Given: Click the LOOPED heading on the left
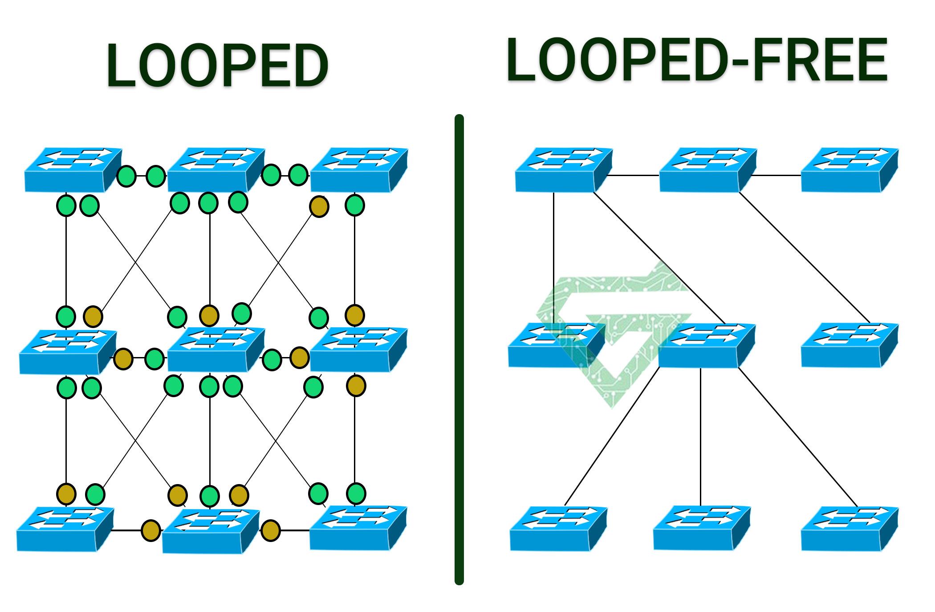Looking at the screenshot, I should pos(217,66).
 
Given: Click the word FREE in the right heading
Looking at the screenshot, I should pos(820,60).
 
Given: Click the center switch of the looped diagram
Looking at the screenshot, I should pos(215,350).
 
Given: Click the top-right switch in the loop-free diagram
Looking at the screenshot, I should pos(849,171).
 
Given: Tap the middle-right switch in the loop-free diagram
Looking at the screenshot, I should pos(849,346).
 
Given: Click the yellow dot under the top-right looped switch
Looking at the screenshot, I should pos(319,207).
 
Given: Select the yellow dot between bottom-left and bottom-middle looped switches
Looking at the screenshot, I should pos(150,530).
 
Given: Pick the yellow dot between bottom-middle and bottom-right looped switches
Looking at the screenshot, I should pos(270,530).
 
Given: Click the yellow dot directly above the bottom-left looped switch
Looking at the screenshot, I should pos(66,494).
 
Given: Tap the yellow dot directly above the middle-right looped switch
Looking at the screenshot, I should pos(354,315).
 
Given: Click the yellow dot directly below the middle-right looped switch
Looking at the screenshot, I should pos(356,386).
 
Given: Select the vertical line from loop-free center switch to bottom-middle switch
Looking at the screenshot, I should pos(700,437).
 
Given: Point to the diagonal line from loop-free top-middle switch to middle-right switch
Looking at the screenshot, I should pos(804,257).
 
